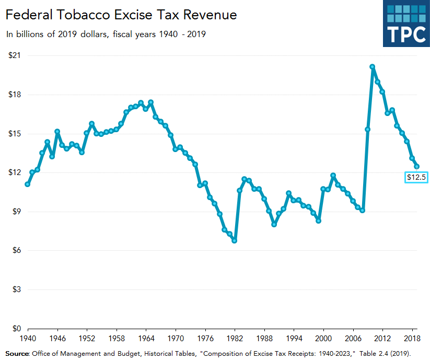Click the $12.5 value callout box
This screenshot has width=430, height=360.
pos(417,178)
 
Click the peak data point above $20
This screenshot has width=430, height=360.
pos(373,67)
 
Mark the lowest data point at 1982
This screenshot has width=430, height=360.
pos(235,240)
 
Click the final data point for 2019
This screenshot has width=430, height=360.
pos(417,167)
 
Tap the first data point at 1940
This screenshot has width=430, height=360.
pos(27,184)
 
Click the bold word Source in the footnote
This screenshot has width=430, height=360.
pos(17,354)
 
